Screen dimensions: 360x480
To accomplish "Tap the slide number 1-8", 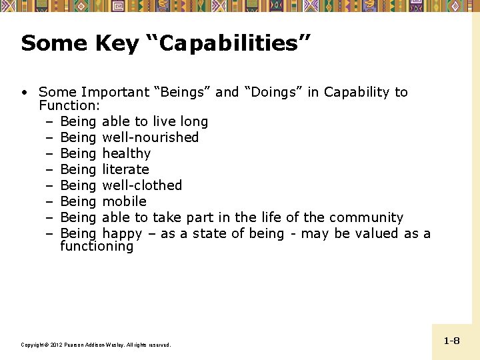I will [x=451, y=341].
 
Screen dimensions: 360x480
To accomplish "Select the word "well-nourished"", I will [x=150, y=137].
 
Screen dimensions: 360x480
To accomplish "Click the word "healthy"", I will [x=126, y=153].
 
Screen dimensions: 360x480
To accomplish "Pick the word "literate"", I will [x=125, y=169].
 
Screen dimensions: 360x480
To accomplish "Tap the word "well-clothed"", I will [x=141, y=185].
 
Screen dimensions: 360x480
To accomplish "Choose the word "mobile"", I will [x=124, y=201].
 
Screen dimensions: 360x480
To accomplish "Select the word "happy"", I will [x=122, y=234].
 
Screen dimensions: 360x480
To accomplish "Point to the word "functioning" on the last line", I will [x=97, y=247].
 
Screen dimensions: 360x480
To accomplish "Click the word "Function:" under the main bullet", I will [x=69, y=106].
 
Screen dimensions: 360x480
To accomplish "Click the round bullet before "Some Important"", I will [x=24, y=93].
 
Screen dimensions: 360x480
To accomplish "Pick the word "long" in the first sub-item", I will [x=193, y=121].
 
